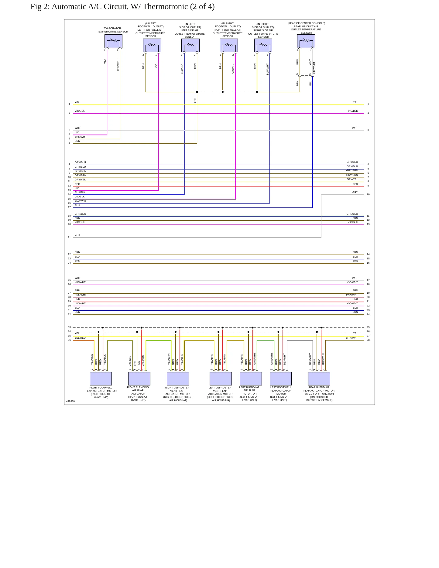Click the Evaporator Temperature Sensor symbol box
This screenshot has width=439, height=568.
113,41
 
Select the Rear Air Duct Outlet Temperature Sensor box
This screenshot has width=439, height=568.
306,41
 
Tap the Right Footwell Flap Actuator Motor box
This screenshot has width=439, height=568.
101,379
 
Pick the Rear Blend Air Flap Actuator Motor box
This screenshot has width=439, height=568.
319,379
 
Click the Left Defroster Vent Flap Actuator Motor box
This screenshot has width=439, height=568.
221,379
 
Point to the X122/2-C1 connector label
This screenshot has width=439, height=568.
314,68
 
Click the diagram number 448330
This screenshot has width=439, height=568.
70,401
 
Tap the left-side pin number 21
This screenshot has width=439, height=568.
69,237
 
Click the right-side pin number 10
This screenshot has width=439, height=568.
368,194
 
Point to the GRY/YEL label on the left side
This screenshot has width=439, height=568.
80,180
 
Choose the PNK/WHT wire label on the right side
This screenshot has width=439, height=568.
352,295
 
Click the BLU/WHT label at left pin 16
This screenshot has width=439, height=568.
81,201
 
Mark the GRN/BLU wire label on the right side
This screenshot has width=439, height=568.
352,214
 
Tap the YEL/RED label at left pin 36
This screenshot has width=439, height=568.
80,338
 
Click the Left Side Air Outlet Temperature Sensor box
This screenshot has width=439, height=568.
190,45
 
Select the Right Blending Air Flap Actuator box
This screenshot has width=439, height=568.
139,379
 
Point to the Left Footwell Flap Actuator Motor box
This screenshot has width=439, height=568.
281,379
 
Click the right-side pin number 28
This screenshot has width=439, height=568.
368,340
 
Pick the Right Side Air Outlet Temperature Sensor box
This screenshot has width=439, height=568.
263,45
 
